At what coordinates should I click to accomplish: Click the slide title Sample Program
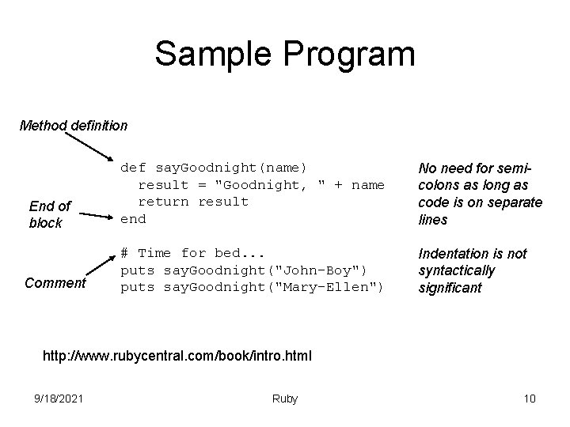tap(284, 55)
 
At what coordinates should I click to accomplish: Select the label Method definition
tap(73, 125)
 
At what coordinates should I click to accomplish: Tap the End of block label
tap(49, 214)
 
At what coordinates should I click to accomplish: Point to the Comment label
tap(55, 282)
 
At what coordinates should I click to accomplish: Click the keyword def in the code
tap(133, 168)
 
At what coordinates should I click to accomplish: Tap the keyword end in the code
tap(133, 219)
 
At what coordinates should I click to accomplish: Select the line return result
tap(193, 202)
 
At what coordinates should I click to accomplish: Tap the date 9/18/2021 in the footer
tap(60, 399)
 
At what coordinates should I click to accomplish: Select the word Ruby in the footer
tap(284, 399)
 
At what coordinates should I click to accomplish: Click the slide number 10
tap(530, 399)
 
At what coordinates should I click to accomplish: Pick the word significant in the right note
tap(450, 288)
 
